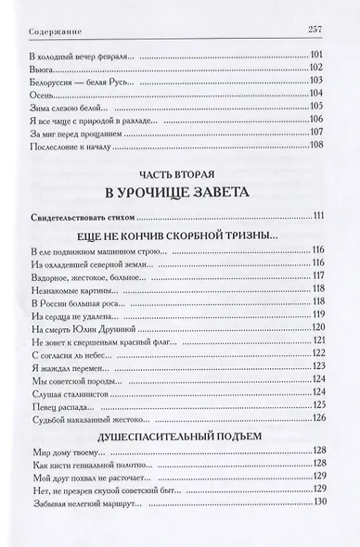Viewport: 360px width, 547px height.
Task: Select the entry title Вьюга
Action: [43, 79]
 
